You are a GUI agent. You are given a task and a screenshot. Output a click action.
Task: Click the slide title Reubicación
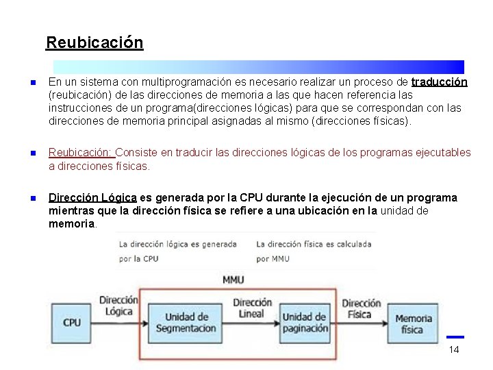click(94, 42)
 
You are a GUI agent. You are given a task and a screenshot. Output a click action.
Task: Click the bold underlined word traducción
click(439, 82)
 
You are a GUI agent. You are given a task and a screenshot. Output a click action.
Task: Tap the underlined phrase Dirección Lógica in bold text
click(92, 198)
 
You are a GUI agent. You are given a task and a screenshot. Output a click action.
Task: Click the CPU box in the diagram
click(71, 322)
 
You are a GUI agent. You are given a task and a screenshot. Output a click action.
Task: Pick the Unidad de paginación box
click(305, 323)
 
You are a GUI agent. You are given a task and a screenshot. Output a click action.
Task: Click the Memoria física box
click(413, 323)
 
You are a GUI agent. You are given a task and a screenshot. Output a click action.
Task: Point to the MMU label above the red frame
click(233, 280)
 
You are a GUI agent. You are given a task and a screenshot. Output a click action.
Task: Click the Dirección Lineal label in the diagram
click(252, 308)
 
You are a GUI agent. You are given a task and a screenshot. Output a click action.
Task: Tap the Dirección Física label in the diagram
click(361, 308)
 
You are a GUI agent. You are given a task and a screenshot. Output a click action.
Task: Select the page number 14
click(453, 350)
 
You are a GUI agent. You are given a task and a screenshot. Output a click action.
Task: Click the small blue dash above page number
click(455, 336)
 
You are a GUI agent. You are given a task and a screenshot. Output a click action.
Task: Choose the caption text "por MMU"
click(273, 259)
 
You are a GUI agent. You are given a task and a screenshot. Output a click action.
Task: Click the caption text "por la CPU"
click(139, 259)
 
